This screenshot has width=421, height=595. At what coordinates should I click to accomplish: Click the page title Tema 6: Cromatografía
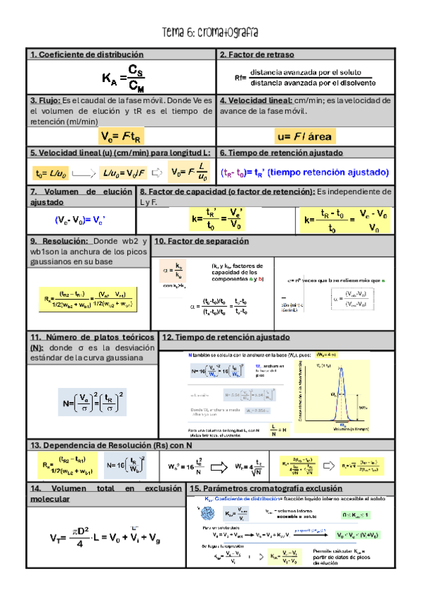click(x=210, y=33)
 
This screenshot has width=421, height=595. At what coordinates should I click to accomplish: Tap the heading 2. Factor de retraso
click(x=257, y=55)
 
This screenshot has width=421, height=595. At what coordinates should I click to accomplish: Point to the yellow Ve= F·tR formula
click(x=121, y=135)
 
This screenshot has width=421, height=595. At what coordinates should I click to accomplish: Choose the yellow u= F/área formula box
click(x=305, y=135)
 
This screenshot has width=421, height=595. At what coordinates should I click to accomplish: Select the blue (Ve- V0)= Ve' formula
click(x=79, y=220)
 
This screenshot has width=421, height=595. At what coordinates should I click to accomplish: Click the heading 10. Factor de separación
click(x=202, y=241)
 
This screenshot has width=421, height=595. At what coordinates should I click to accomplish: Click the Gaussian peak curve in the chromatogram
click(x=324, y=393)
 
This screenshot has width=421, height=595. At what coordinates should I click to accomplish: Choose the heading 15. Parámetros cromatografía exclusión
click(x=273, y=488)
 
